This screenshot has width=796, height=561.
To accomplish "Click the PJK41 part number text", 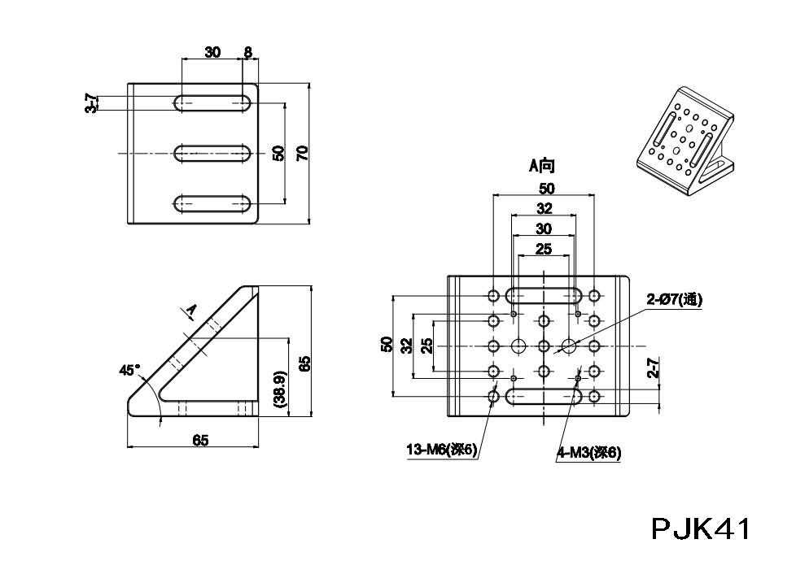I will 700,529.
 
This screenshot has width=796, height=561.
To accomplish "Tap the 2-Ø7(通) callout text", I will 675,300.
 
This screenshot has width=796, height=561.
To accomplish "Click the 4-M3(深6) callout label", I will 589,454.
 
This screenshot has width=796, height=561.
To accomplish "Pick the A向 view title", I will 541,167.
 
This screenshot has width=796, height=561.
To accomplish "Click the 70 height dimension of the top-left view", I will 303,152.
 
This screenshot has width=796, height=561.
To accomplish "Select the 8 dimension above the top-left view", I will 247,53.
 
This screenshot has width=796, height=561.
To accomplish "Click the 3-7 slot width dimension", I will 92,103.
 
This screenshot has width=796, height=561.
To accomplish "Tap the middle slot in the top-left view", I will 212,152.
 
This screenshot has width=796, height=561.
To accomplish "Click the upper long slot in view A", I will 543,295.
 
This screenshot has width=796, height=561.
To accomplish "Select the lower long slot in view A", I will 543,397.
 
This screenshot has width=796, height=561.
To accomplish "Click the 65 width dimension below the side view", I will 200,440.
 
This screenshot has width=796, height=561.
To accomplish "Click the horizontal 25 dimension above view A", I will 543,249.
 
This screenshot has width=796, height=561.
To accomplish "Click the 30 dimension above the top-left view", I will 212,53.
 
